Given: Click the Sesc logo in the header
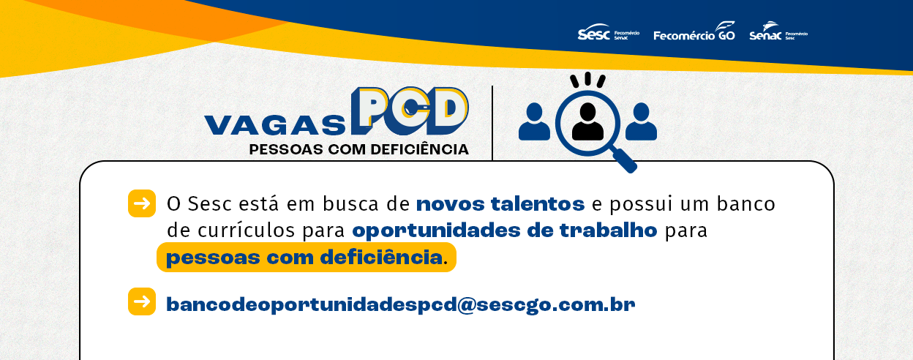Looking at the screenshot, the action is [x=608, y=33].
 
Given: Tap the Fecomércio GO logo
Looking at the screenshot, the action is [x=694, y=31].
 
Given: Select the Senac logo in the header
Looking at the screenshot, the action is [x=778, y=31].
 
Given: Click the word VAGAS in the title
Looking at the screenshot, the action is [x=275, y=125].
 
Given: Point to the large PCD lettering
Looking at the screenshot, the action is [x=410, y=110].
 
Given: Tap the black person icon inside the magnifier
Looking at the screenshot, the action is [x=587, y=122].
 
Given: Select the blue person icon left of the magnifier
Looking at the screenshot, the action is [x=534, y=122].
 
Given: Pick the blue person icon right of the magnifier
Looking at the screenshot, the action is [x=641, y=122].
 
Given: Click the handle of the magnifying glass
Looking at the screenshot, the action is [x=625, y=161].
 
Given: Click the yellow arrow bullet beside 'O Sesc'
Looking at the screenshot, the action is [x=142, y=203].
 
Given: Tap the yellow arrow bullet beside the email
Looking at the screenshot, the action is [x=142, y=301].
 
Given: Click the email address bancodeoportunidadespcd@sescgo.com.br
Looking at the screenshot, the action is [x=400, y=304].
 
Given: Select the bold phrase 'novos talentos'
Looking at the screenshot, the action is [x=500, y=204].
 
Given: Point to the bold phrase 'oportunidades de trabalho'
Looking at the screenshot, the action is [x=505, y=230].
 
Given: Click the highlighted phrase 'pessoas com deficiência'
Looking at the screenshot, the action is [x=304, y=258].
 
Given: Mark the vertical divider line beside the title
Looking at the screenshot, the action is [x=492, y=123].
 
